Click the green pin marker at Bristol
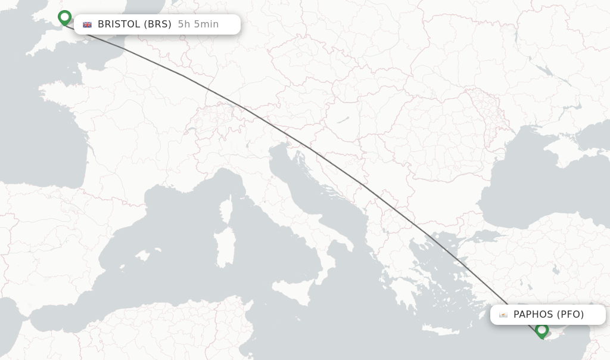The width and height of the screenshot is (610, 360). click(64, 18)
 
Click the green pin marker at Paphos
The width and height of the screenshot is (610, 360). click(541, 330)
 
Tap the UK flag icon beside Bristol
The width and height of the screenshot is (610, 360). click(88, 24)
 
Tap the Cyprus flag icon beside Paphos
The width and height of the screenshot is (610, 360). click(503, 315)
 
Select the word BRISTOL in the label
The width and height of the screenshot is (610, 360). click(119, 24)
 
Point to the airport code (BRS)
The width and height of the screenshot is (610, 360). click(158, 24)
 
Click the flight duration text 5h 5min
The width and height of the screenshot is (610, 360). click(198, 24)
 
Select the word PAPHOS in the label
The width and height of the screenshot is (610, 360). click(534, 315)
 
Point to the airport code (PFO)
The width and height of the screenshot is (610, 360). click(571, 315)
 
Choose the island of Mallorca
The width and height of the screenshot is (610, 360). click(142, 256)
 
